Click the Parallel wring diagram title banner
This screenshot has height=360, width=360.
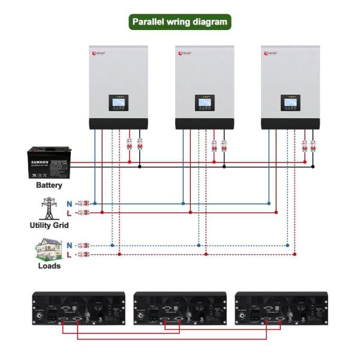click(180, 22)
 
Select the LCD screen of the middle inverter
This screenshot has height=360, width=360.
click(205, 103)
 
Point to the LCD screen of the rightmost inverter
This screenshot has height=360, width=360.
click(290, 103)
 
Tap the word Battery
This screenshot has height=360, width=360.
click(49, 185)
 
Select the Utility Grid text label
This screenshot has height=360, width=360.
click(49, 226)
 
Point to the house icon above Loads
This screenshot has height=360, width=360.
click(49, 248)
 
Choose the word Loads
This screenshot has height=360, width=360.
click(49, 266)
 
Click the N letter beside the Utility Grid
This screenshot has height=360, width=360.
click(70, 203)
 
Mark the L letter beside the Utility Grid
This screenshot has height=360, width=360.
click(70, 212)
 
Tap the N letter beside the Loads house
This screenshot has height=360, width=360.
click(70, 245)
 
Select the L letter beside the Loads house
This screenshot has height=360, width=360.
click(70, 254)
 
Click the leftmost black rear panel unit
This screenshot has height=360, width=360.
click(78, 308)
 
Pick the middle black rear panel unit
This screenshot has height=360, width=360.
click(180, 308)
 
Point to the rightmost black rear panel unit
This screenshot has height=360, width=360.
click(281, 308)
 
